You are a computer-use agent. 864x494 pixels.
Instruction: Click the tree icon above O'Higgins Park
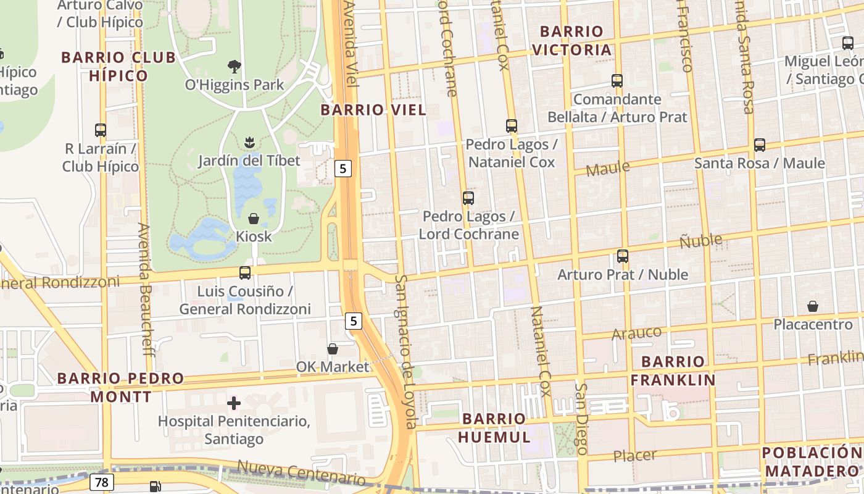pos(234,66)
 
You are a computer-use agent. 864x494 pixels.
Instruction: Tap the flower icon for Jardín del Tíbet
pos(249,143)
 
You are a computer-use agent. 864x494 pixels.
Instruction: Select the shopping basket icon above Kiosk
pos(253,219)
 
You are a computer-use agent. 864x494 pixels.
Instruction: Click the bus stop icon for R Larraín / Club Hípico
pos(101,130)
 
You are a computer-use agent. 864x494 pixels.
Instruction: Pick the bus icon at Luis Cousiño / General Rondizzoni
pos(245,272)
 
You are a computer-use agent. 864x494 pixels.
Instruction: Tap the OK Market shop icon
pos(332,349)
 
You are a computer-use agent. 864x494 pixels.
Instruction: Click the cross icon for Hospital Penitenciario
pos(234,404)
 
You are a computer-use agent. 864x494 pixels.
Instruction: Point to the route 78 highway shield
pos(101,481)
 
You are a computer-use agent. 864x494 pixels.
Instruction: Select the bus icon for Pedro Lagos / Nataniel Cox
pos(512,126)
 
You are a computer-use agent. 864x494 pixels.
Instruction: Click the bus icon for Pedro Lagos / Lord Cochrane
pos(468,198)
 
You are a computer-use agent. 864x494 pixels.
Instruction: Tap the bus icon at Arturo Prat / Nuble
pos(623,256)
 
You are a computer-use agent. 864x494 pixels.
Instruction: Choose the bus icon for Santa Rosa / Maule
pos(760,145)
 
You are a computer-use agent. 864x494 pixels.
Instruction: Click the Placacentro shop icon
pos(813,306)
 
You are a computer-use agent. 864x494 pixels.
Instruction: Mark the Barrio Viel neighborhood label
pos(373,111)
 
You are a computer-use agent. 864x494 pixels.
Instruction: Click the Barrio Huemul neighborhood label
pos(494,428)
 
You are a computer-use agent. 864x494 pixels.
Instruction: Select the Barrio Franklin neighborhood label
pos(673,371)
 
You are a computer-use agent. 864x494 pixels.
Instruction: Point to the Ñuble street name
pos(700,241)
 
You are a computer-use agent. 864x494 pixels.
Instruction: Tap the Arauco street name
pos(636,333)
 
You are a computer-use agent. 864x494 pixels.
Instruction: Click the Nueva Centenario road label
pos(301,473)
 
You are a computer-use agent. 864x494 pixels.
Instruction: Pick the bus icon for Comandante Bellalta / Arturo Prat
pos(617,81)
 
